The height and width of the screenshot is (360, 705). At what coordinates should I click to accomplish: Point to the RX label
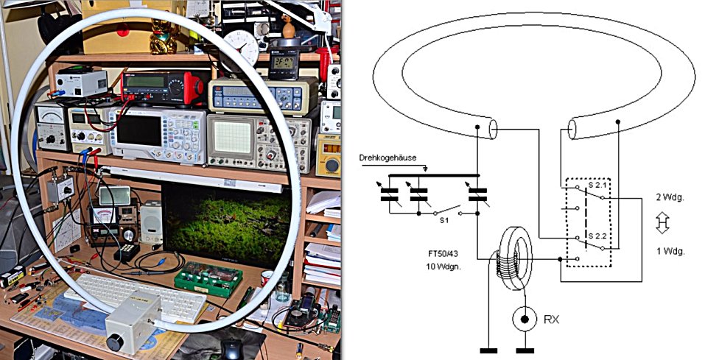[552, 320]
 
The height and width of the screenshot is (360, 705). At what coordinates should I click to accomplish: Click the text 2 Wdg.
[670, 197]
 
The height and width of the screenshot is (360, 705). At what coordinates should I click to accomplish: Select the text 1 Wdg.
[670, 251]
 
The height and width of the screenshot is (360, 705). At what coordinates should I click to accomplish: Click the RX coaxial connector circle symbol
[524, 320]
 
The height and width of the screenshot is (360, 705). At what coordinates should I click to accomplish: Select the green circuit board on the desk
[208, 277]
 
